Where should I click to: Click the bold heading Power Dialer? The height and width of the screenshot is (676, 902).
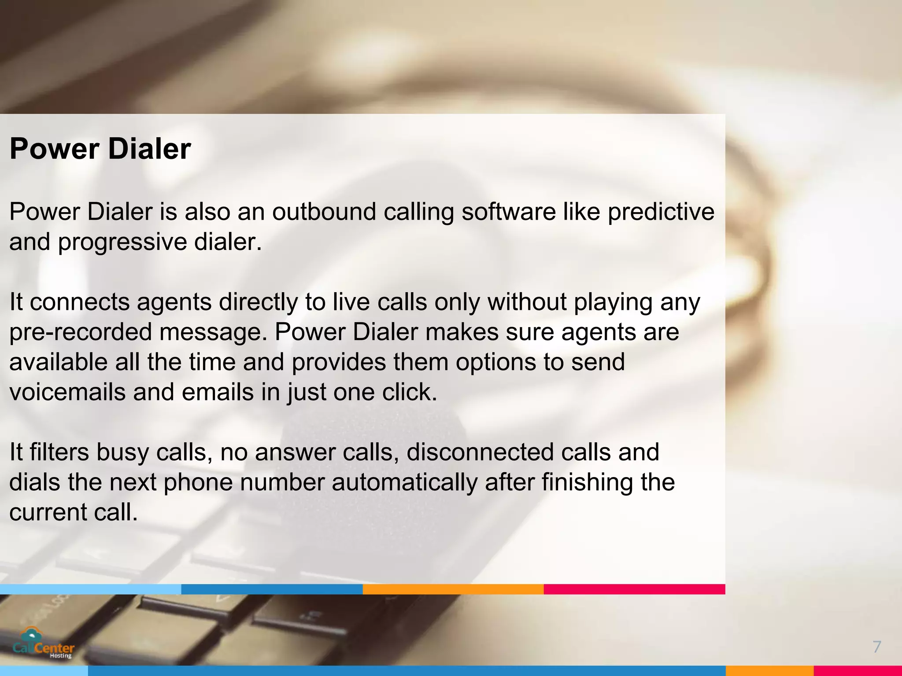100,149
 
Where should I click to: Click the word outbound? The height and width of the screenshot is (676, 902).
324,212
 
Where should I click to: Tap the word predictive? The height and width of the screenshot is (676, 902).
661,212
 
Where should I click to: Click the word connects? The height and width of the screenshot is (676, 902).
80,302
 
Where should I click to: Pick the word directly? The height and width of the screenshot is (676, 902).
259,302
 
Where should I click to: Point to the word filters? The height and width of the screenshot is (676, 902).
59,452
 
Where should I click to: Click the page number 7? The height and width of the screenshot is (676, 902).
876,647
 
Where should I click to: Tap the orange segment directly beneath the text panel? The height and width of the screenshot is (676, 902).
453,589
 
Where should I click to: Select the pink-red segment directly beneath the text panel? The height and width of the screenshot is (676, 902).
634,589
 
